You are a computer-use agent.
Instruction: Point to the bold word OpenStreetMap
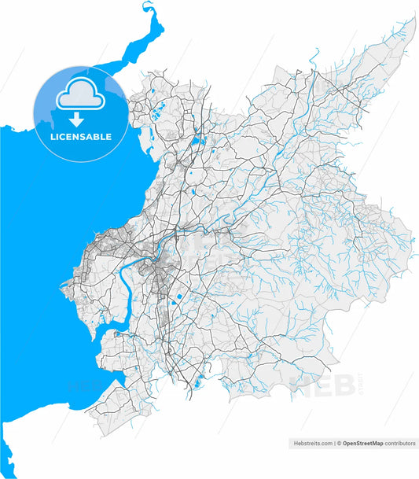tap(362, 444)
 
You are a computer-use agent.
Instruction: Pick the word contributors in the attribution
tap(400, 444)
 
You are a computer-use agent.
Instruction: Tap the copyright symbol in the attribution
tap(339, 444)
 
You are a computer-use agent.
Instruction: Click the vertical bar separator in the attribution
tap(334, 444)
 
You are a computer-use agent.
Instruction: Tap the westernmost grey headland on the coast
tap(64, 285)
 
